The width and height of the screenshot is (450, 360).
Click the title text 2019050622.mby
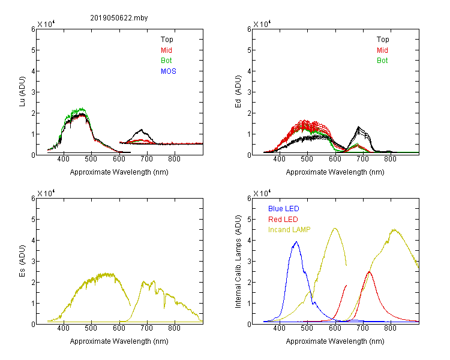[119, 18]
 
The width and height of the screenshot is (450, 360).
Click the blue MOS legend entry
[169, 71]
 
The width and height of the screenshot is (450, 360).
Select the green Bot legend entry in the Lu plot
[166, 61]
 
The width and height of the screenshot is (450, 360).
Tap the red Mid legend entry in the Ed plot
[382, 50]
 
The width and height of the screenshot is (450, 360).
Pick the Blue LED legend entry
[284, 209]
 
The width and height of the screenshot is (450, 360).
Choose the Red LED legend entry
[283, 220]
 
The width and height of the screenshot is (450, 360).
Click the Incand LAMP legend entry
[289, 230]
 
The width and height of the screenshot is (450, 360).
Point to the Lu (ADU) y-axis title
[22, 92]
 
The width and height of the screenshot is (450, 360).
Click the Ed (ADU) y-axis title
[238, 92]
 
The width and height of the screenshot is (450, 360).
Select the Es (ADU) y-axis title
[22, 261]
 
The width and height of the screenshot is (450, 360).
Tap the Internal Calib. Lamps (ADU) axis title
[238, 262]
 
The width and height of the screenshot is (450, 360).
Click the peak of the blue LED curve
[296, 242]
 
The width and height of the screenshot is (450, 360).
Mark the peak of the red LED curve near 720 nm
[369, 272]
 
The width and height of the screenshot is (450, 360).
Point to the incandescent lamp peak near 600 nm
[335, 228]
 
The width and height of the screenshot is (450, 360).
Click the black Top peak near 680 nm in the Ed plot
[358, 127]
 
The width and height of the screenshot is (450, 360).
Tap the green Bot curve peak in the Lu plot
[82, 109]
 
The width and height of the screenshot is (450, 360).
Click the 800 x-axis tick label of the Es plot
[174, 328]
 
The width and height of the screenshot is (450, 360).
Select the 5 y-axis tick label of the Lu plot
[33, 50]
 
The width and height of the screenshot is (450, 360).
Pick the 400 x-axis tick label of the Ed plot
[279, 159]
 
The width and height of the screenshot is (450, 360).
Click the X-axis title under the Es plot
[119, 341]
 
